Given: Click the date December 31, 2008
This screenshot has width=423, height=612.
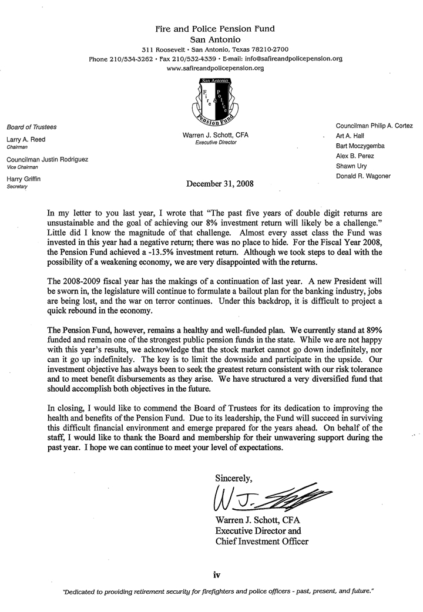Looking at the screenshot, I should tap(220, 183).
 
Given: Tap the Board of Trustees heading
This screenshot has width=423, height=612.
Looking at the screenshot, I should tap(31, 126).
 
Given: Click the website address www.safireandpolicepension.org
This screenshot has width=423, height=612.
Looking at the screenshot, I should tap(216, 68).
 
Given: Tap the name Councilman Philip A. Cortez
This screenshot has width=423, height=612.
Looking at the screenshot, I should tap(374, 126).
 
